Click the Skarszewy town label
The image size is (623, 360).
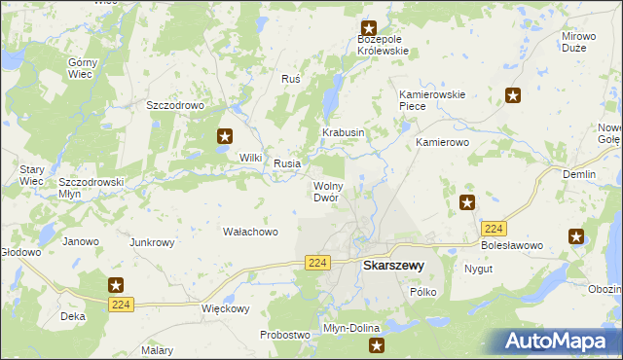click(392, 265)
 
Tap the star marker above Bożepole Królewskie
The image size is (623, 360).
click(369, 29)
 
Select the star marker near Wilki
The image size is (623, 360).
click(225, 137)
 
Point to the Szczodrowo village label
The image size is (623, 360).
click(173, 105)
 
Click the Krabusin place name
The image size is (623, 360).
click(344, 132)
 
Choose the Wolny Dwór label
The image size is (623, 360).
click(325, 191)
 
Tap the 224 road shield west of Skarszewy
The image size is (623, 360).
click(317, 263)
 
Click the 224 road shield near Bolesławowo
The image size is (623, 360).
click(494, 228)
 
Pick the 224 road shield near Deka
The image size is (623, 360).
click(121, 305)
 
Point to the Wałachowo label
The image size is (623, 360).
click(251, 232)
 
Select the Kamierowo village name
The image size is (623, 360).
click(443, 142)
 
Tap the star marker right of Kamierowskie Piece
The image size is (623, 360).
click(513, 95)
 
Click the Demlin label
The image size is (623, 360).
click(579, 173)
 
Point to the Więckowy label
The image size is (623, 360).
click(225, 309)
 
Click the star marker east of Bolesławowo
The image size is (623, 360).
click(576, 236)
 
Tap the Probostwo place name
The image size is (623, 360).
click(284, 335)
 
